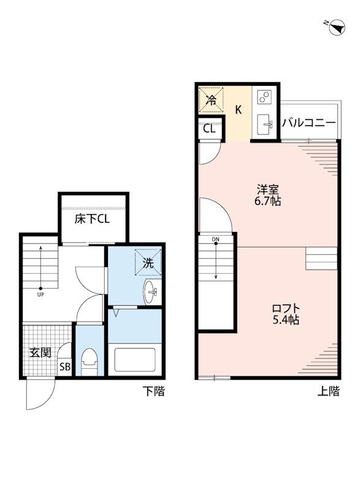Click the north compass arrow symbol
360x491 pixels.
tap(337, 27)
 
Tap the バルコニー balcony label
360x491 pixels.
tap(308, 122)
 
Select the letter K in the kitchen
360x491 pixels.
tap(239, 110)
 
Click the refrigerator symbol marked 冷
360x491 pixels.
tap(212, 100)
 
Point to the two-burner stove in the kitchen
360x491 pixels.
tap(264, 97)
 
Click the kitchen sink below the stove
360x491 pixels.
tap(264, 124)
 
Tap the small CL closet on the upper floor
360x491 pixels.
tap(210, 129)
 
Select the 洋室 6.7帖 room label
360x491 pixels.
tap(268, 195)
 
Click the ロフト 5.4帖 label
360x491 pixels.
tap(286, 314)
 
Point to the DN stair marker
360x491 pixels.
tap(216, 239)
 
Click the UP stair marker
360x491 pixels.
tap(40, 294)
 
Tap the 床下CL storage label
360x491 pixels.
tap(92, 219)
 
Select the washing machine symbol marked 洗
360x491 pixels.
tap(148, 262)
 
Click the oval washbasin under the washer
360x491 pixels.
tap(150, 292)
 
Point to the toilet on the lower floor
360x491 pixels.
tap(89, 361)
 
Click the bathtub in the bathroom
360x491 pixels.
tap(135, 360)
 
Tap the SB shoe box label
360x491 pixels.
tap(65, 366)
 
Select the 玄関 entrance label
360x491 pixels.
tap(40, 352)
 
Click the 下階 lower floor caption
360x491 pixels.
tap(153, 391)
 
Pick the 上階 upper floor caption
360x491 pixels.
tap(328, 391)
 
